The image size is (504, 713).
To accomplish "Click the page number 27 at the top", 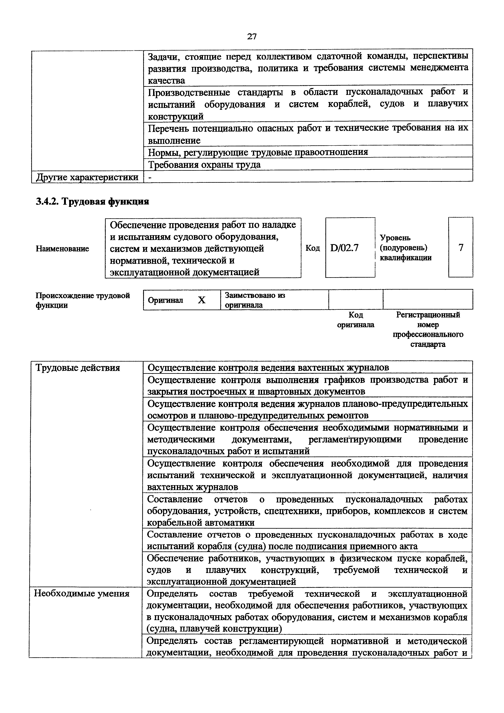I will coord(252,37).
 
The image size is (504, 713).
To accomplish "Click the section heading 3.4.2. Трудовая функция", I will coord(92,202).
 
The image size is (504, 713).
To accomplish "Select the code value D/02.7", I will coord(344,248).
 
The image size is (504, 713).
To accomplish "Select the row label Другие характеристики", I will coord(87,177).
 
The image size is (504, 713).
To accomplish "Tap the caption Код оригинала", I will coord(356,320).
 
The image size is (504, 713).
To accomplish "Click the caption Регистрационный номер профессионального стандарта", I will coord(428,329).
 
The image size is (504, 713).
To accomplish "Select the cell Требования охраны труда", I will coord(204,164).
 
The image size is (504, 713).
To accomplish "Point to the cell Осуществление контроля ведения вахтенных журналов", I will coord(268,368).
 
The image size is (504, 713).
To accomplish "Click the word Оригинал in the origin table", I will coord(165,300).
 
